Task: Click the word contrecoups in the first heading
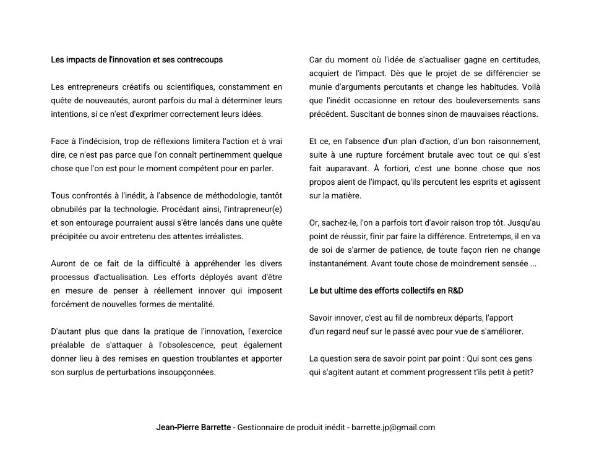pos(200,60)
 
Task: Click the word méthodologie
pos(226,195)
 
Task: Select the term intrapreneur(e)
pos(252,209)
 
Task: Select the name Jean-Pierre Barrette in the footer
pos(194,427)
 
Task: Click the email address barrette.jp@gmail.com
pos(393,427)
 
